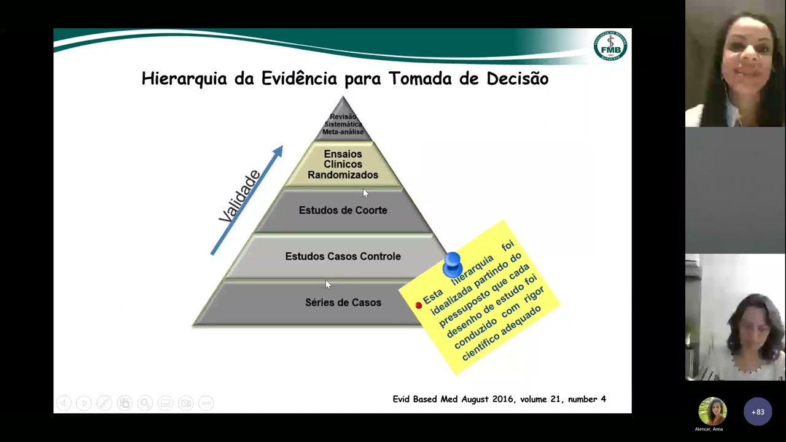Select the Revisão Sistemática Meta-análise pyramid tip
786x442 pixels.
(343, 124)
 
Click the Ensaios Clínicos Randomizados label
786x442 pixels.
(343, 165)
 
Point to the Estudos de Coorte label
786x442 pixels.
(343, 210)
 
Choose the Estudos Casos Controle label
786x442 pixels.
(343, 256)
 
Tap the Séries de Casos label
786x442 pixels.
(343, 302)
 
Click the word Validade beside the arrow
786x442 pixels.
(240, 196)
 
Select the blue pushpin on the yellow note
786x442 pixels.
(452, 264)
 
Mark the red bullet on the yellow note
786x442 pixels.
(419, 305)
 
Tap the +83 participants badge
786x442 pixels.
(757, 412)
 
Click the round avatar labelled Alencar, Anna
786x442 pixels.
(712, 411)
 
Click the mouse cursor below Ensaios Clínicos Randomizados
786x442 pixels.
(365, 193)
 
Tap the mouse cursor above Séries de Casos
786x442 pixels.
(328, 284)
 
